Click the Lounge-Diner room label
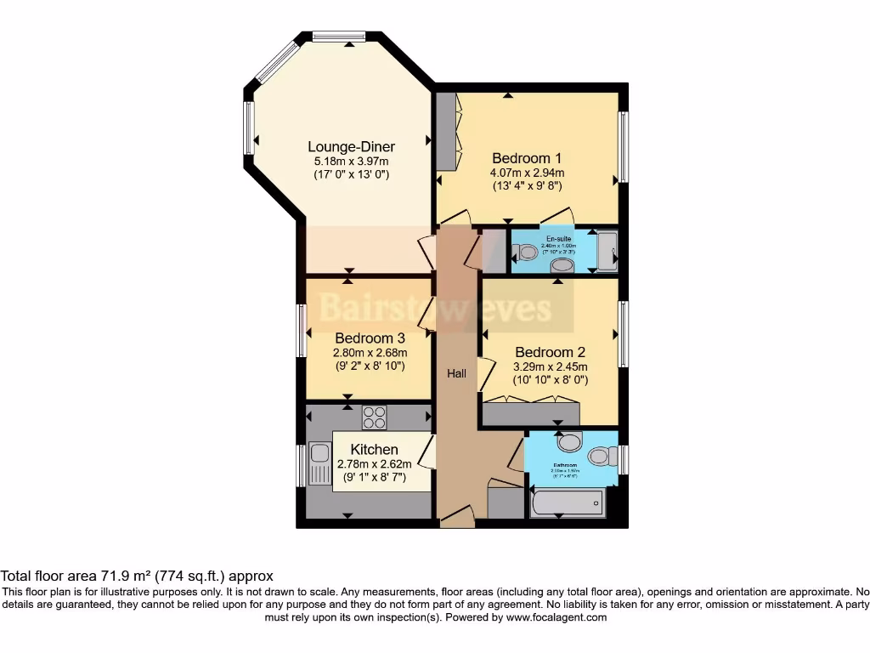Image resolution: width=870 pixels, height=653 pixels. [x=351, y=146]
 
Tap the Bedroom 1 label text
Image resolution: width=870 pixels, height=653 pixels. [x=527, y=157]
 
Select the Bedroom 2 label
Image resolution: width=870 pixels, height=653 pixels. [x=550, y=352]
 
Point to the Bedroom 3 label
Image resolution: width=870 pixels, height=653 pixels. [x=370, y=338]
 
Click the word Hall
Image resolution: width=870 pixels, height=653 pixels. [x=457, y=373]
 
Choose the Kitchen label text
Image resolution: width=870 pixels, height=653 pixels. [x=374, y=449]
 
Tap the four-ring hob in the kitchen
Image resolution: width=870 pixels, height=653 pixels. [x=375, y=417]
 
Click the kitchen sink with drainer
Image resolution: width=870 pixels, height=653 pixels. [x=319, y=464]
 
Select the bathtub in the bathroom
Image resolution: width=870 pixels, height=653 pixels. [x=568, y=503]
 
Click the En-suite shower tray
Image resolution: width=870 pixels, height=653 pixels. [x=607, y=251]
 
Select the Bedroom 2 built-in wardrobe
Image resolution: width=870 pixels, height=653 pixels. [x=530, y=413]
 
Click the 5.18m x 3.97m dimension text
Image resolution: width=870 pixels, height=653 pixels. [x=351, y=162]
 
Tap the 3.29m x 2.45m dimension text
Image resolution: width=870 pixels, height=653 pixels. [x=550, y=367]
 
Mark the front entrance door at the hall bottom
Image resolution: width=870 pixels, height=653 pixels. [x=456, y=514]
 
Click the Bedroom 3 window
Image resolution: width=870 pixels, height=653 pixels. [x=302, y=331]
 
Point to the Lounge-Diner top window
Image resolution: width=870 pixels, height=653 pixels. [x=338, y=36]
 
